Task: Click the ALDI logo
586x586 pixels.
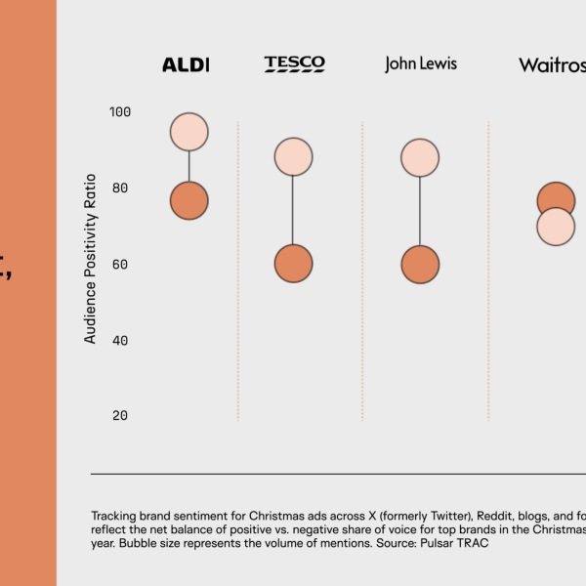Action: [186, 65]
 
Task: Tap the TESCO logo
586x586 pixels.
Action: [294, 64]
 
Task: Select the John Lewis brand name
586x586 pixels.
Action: [420, 64]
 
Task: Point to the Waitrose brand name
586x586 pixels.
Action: [552, 65]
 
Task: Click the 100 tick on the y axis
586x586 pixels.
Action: [119, 112]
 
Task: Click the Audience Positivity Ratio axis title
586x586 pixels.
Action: [91, 258]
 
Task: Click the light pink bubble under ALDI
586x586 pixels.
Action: [188, 131]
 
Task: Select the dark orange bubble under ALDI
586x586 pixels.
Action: [188, 202]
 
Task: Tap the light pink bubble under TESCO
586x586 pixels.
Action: [293, 156]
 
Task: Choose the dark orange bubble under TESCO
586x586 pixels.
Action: [293, 264]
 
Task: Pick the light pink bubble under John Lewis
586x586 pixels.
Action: [419, 157]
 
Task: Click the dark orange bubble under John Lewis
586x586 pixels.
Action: [420, 264]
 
